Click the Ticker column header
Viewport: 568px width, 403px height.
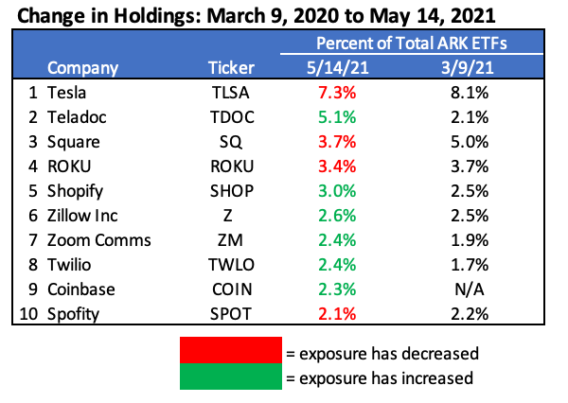(231, 68)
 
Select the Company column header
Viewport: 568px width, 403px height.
(83, 68)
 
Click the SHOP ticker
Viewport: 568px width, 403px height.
(231, 190)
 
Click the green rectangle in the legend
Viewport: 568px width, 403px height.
(232, 377)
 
